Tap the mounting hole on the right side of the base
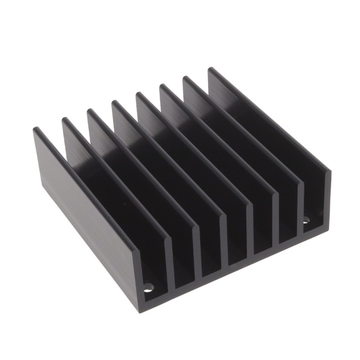click(306, 221)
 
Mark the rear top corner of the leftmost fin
click(36, 129)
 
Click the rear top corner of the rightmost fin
click(211, 70)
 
